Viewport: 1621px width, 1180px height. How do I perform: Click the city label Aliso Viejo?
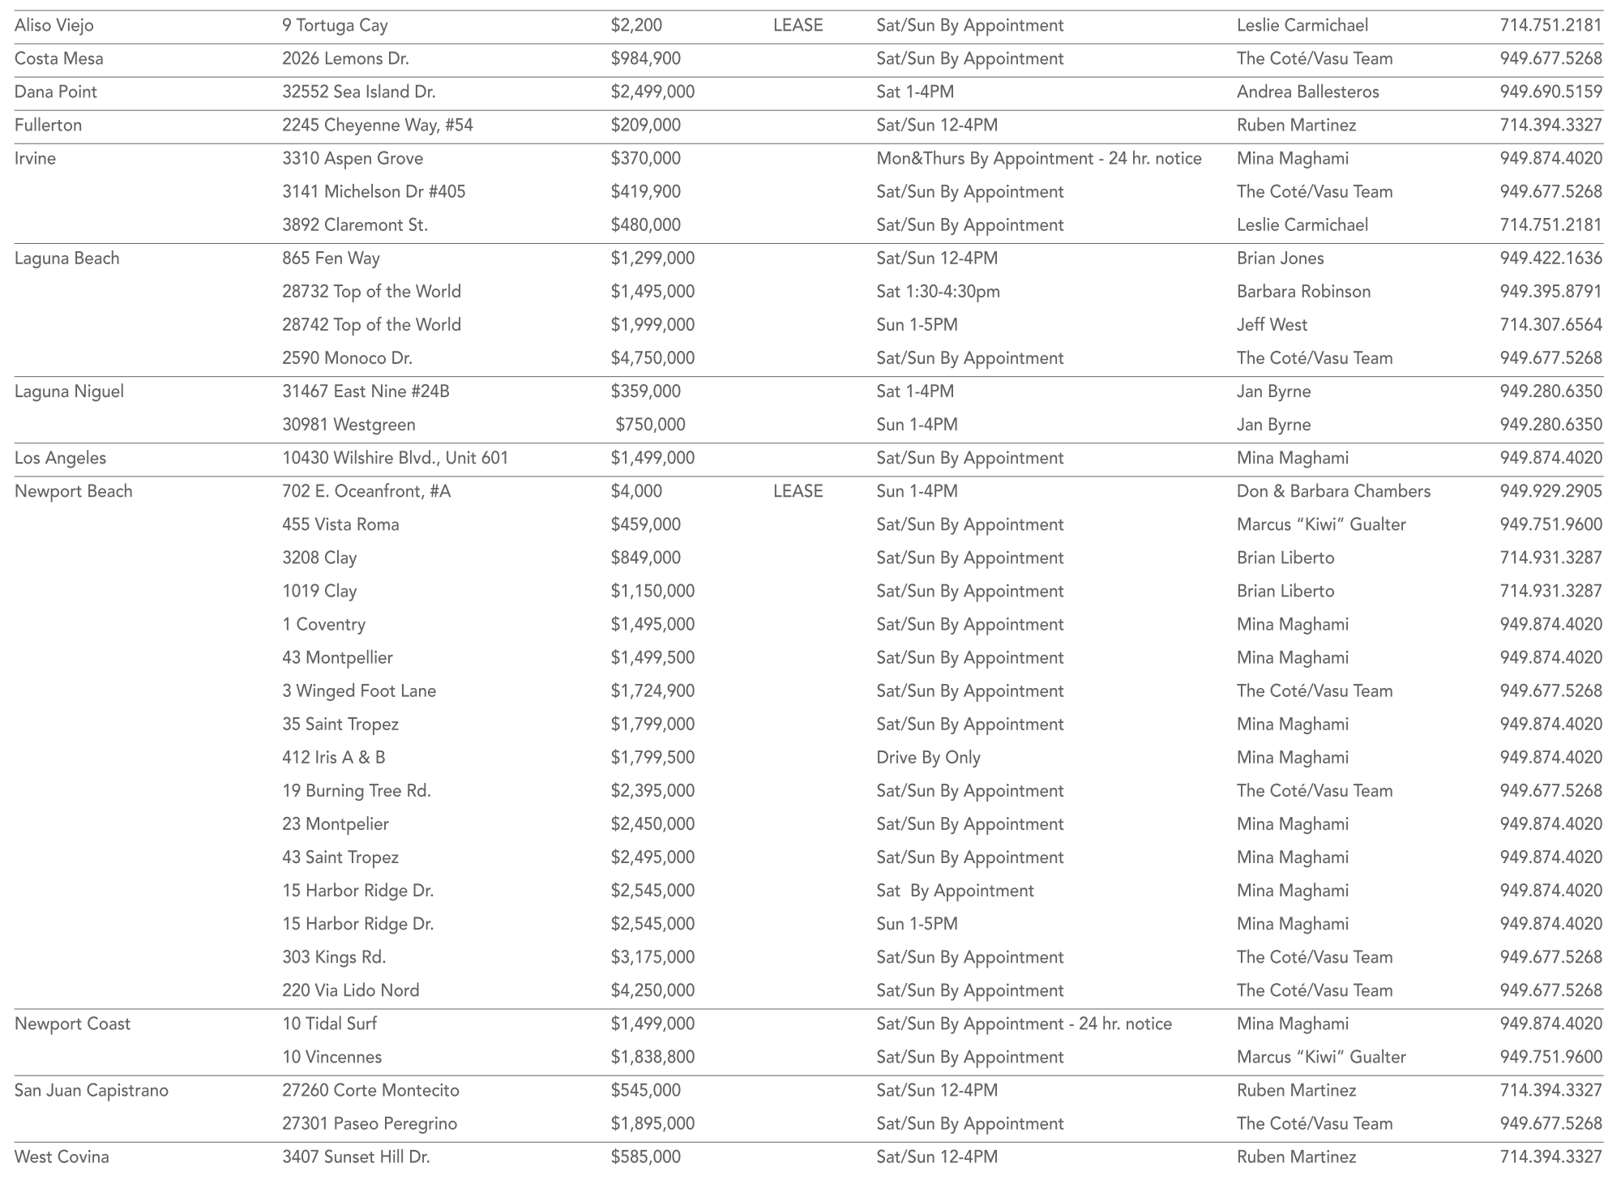54,25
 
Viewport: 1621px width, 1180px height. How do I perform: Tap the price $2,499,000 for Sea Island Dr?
652,92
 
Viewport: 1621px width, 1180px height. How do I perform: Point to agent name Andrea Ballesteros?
1307,92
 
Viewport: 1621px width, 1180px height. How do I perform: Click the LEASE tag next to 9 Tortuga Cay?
798,25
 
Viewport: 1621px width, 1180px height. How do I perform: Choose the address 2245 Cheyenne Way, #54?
377,125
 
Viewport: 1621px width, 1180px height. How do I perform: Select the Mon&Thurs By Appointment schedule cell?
1038,158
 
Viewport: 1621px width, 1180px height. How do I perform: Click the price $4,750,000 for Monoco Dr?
652,357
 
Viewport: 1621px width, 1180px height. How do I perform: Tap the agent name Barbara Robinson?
1303,291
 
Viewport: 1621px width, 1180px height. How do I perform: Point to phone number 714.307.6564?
1550,324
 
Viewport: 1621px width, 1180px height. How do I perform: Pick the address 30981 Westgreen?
349,424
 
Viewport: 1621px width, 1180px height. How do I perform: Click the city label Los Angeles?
60,457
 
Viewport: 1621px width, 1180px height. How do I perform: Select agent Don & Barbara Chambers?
1333,490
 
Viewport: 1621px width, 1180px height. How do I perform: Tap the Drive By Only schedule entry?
928,757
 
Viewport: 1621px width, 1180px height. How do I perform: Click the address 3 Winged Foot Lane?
359,690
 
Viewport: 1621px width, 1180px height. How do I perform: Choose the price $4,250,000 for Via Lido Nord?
652,990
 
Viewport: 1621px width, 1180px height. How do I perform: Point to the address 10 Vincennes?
331,1056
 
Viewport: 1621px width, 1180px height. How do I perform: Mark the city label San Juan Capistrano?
92,1089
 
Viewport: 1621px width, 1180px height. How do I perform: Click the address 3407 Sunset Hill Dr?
356,1156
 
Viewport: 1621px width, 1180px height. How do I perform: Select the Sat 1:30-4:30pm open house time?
938,291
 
